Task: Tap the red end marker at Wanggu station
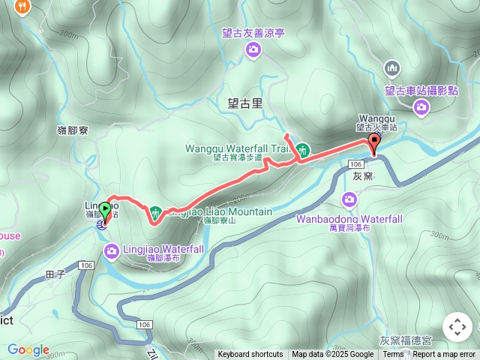[x=373, y=143]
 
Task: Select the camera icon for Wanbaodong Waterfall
[x=349, y=199]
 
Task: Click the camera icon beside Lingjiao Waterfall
[x=111, y=250]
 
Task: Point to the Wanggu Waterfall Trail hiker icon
[x=302, y=149]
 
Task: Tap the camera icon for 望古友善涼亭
[x=253, y=49]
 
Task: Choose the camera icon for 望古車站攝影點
[x=421, y=106]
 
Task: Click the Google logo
[x=28, y=349]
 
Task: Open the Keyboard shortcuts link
[x=250, y=355]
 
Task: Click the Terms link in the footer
[x=393, y=355]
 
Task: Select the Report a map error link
[x=444, y=355]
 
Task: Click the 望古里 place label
[x=245, y=104]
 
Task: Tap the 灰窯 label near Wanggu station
[x=362, y=177]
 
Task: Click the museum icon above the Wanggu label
[x=392, y=69]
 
